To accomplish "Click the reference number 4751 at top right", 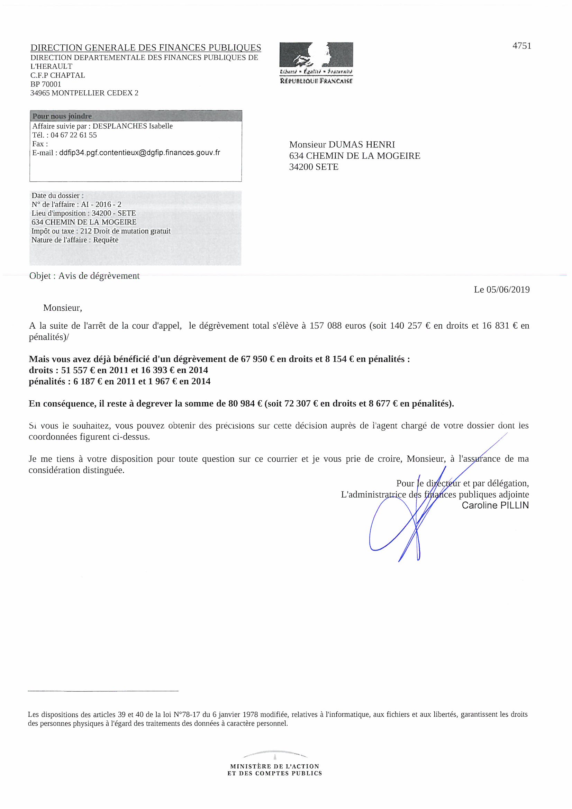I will pos(521,46).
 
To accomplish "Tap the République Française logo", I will pos(316,63).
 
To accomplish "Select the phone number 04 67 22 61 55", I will pos(74,135).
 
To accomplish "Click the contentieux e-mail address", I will pos(139,153).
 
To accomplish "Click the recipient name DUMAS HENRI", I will pos(362,145).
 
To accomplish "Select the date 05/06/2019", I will pos(508,290).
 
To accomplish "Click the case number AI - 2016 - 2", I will pos(101,204).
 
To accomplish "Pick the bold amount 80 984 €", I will pos(245,403).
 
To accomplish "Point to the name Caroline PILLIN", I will pos(495,505).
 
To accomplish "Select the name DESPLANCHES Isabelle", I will pos(133,126).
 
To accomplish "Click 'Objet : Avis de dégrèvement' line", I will pos(84,276).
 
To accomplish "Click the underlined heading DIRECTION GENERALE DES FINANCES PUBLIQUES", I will pos(146,48).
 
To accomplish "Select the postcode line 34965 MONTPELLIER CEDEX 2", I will pos(84,93).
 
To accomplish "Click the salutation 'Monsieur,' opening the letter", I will pos(62,308).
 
